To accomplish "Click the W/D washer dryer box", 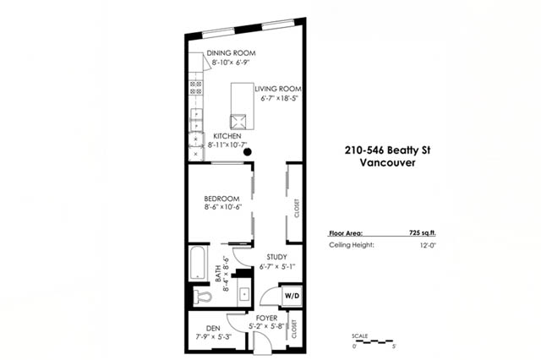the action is pyautogui.click(x=292, y=296).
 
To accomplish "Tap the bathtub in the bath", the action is pyautogui.click(x=199, y=263).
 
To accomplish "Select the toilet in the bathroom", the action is pyautogui.click(x=202, y=297).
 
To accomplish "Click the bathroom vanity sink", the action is pyautogui.click(x=244, y=294).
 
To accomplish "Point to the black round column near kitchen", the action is pyautogui.click(x=247, y=152).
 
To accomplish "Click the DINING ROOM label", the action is pyautogui.click(x=231, y=53).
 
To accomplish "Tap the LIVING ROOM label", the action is pyautogui.click(x=278, y=89).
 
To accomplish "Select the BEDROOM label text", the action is pyautogui.click(x=221, y=199).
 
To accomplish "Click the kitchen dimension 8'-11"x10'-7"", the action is pyautogui.click(x=227, y=145).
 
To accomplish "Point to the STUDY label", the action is pyautogui.click(x=276, y=257).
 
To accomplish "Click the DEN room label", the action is pyautogui.click(x=213, y=328).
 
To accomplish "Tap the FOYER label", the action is pyautogui.click(x=266, y=318).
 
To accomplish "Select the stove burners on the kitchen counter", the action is pyautogui.click(x=196, y=88).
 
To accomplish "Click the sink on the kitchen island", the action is pyautogui.click(x=238, y=122).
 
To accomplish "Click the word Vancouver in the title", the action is pyautogui.click(x=387, y=162).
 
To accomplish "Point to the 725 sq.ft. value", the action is pyautogui.click(x=423, y=232).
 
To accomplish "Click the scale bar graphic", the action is pyautogui.click(x=374, y=341).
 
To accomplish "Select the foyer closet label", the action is pyautogui.click(x=294, y=329).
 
